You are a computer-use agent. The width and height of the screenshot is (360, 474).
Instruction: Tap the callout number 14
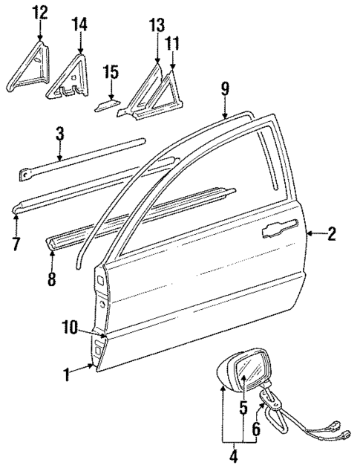(x=79, y=25)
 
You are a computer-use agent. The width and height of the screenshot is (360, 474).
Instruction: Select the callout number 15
(x=111, y=73)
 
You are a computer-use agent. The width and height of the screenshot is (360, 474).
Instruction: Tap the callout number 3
(x=60, y=134)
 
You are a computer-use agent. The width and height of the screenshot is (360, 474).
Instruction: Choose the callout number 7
(x=16, y=241)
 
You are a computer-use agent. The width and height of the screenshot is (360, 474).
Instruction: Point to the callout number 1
(x=68, y=375)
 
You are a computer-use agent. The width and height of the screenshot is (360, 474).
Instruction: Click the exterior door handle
(x=281, y=230)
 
